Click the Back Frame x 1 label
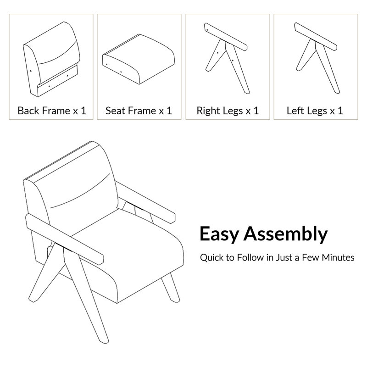(52, 111)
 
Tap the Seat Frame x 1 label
(139, 111)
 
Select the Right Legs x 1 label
(228, 111)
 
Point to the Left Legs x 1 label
(315, 111)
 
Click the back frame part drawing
(51, 60)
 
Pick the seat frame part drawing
(139, 59)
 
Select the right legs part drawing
(226, 59)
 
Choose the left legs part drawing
(316, 58)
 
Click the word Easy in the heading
(219, 234)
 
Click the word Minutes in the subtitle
(338, 258)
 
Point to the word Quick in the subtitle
(212, 258)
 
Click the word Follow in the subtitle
(250, 258)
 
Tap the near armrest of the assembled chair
(64, 239)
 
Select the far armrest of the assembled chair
(145, 203)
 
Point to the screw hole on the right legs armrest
(207, 30)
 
